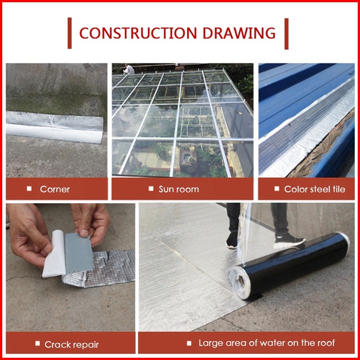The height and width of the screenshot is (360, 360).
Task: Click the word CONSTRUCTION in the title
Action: (x=138, y=33)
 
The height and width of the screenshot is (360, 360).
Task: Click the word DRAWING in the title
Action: (x=239, y=33)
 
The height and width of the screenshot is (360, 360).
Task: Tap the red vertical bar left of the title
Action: (x=70, y=33)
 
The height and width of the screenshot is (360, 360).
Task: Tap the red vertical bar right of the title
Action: (x=286, y=34)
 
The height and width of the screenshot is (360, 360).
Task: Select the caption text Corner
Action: (x=55, y=189)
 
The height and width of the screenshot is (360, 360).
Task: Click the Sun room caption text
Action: (x=179, y=189)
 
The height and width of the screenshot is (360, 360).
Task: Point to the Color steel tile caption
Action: (x=315, y=189)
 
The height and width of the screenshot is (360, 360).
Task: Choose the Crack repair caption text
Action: (x=72, y=344)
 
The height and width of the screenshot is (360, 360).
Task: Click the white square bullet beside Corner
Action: (x=29, y=189)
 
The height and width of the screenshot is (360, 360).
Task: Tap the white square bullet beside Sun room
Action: (x=151, y=189)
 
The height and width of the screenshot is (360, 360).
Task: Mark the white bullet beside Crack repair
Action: (x=38, y=344)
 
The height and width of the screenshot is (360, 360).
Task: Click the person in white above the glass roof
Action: (x=128, y=69)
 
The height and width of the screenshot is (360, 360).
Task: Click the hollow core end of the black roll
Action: (x=240, y=280)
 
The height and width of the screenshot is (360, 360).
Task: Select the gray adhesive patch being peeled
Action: (x=78, y=253)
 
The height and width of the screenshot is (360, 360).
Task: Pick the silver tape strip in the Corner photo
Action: (x=55, y=127)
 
